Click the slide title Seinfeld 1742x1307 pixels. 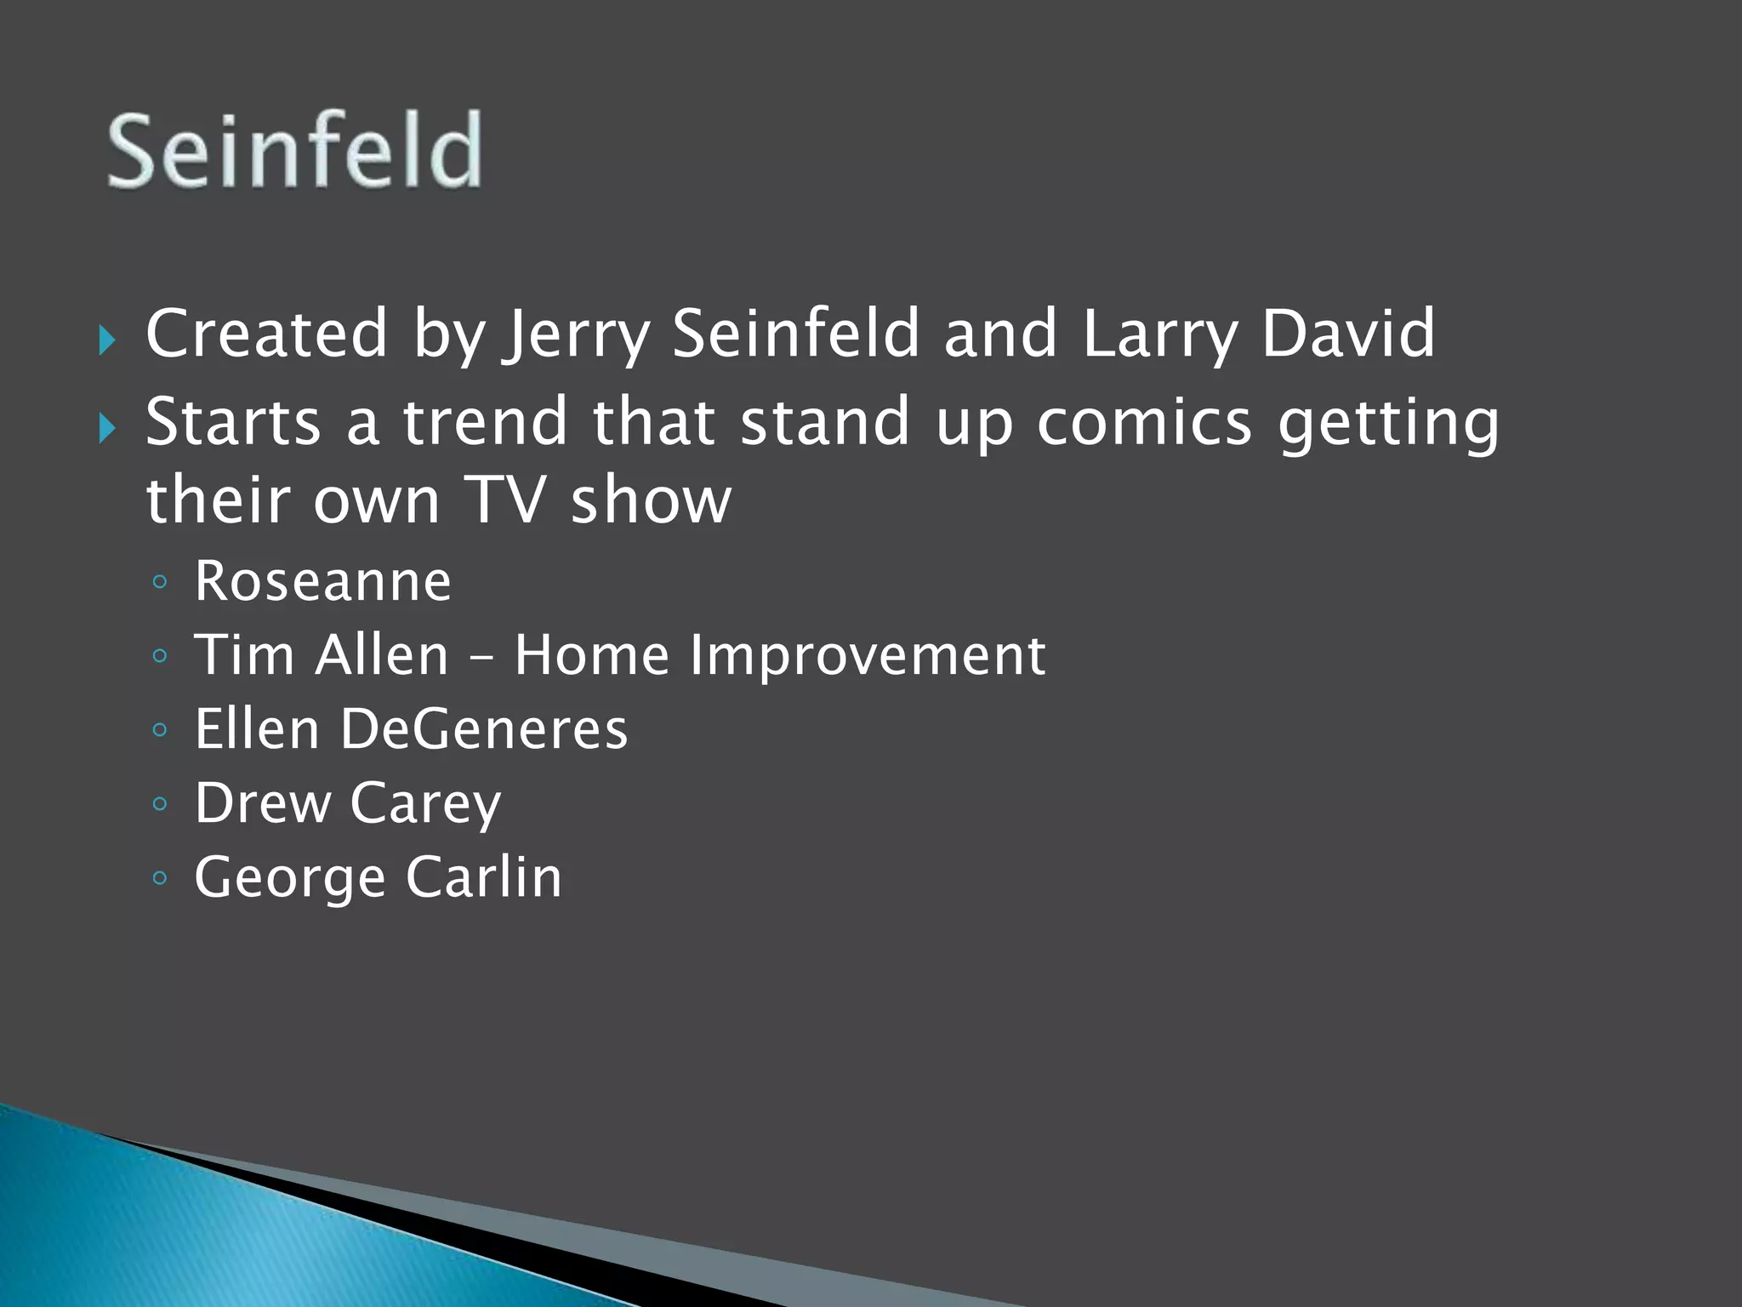point(294,151)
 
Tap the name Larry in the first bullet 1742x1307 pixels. point(1160,334)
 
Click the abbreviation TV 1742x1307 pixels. point(504,499)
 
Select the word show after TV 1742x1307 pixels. point(651,499)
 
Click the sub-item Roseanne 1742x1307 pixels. point(322,581)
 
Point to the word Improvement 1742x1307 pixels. point(867,656)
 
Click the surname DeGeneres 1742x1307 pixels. point(484,729)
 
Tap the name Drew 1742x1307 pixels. point(262,802)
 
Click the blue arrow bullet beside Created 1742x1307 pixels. point(106,341)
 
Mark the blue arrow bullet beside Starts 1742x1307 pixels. point(106,428)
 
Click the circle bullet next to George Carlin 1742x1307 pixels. point(160,877)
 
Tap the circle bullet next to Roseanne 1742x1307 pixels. point(160,582)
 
